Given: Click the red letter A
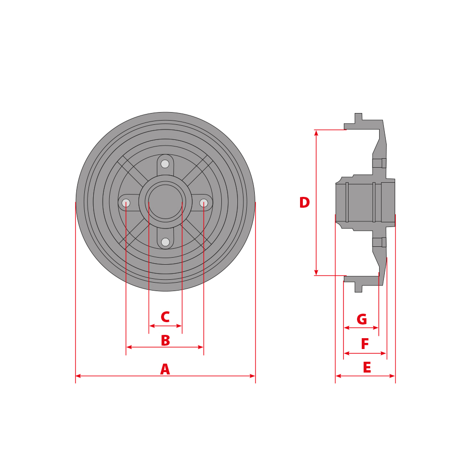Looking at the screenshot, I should [165, 370].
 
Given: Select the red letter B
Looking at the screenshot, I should [165, 341].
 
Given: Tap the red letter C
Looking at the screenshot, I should [165, 317].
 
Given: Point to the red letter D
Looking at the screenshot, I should [304, 203].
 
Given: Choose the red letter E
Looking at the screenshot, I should [367, 368].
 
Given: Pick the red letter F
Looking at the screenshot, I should [365, 344].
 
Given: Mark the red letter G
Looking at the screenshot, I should [362, 320].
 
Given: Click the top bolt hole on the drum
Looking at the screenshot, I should [165, 164].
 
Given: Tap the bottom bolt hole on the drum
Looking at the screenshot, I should [165, 242].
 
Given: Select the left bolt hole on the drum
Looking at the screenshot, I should [126, 203].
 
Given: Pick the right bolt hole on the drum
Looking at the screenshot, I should [203, 203].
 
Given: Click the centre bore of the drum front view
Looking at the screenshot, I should [165, 202].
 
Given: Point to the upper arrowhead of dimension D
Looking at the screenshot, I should [316, 133].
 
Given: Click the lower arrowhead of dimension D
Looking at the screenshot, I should [316, 272].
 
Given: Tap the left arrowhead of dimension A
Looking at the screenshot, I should [78, 376].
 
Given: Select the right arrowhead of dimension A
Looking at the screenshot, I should [252, 376].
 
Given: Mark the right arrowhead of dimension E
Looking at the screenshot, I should [392, 376].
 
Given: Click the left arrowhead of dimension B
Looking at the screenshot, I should [129, 347].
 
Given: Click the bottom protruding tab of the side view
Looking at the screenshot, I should [358, 288].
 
